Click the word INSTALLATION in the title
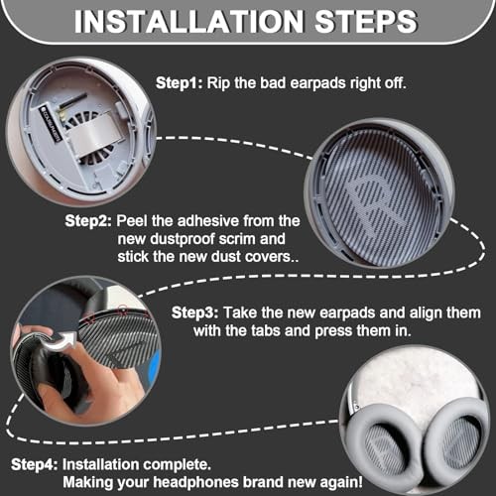[188, 21]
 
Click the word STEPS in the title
[366, 21]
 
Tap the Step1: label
[179, 82]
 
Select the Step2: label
[88, 221]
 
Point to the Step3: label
[194, 312]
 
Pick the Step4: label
[35, 464]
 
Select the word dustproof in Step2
[183, 239]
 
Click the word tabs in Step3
[266, 330]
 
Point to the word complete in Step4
[181, 465]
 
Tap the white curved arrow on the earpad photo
[61, 341]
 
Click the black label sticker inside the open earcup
[51, 123]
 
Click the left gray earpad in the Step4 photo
[385, 449]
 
